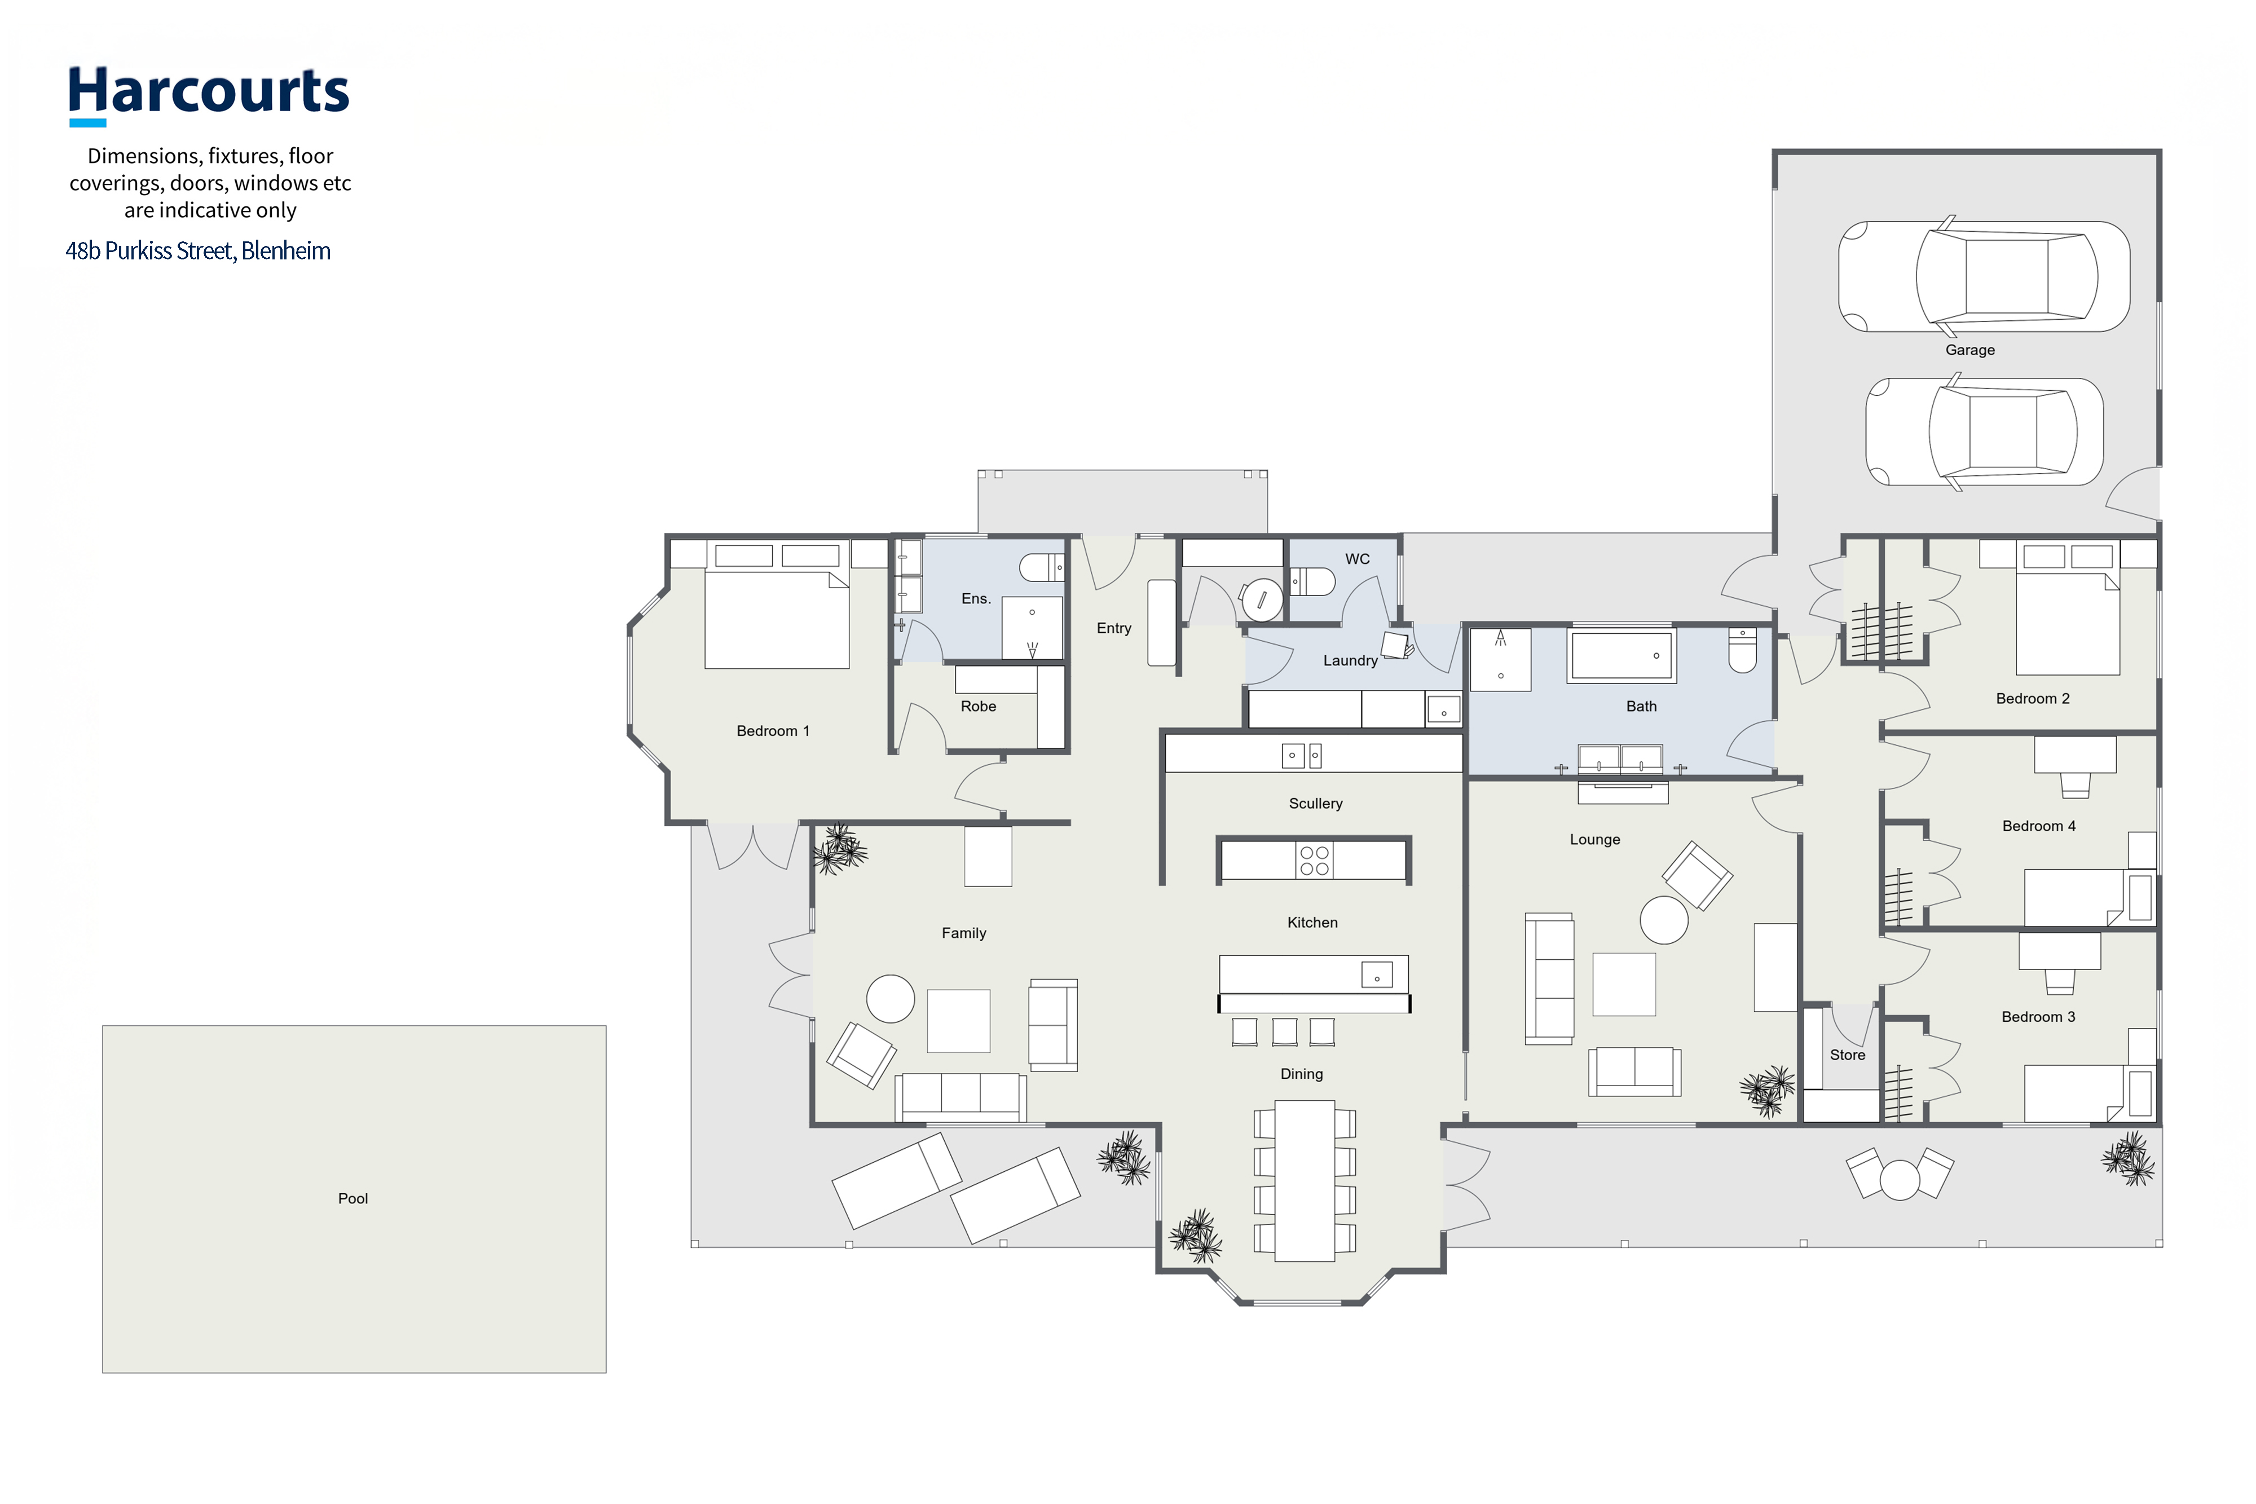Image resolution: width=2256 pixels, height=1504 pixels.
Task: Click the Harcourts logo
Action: tap(208, 95)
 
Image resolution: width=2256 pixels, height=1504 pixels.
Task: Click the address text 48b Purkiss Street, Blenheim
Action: tap(197, 250)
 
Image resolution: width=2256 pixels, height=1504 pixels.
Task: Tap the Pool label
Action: tap(353, 1198)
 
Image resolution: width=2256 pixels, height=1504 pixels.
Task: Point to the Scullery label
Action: tap(1315, 804)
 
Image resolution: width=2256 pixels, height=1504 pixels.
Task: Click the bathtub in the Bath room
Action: tap(1621, 656)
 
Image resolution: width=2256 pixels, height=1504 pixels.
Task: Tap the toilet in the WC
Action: tap(1312, 581)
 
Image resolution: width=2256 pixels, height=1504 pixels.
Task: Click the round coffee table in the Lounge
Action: tap(1664, 920)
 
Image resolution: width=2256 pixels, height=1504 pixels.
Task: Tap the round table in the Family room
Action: tap(890, 999)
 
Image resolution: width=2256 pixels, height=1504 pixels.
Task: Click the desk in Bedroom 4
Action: tap(2076, 754)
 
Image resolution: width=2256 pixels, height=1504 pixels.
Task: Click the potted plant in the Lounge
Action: tap(1767, 1091)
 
